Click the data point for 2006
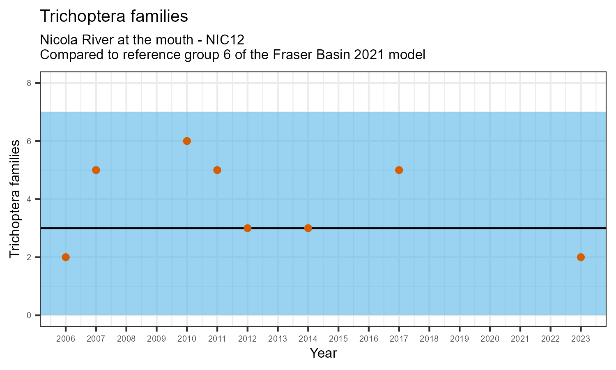pyautogui.click(x=66, y=257)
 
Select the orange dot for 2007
pyautogui.click(x=96, y=170)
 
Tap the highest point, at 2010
pyautogui.click(x=187, y=141)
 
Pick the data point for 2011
pyautogui.click(x=217, y=170)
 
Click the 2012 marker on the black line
pyautogui.click(x=247, y=228)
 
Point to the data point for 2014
pyautogui.click(x=308, y=228)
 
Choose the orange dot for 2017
pyautogui.click(x=399, y=170)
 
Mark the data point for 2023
pyautogui.click(x=581, y=257)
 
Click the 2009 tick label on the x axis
pyautogui.click(x=156, y=339)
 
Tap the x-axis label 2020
pyautogui.click(x=490, y=339)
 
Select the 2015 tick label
pyautogui.click(x=338, y=339)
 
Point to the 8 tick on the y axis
pyautogui.click(x=29, y=83)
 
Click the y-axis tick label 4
pyautogui.click(x=29, y=199)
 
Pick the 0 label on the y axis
pyautogui.click(x=29, y=315)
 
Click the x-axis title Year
pyautogui.click(x=323, y=353)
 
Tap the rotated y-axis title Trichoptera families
pyautogui.click(x=15, y=199)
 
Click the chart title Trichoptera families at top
pyautogui.click(x=114, y=16)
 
